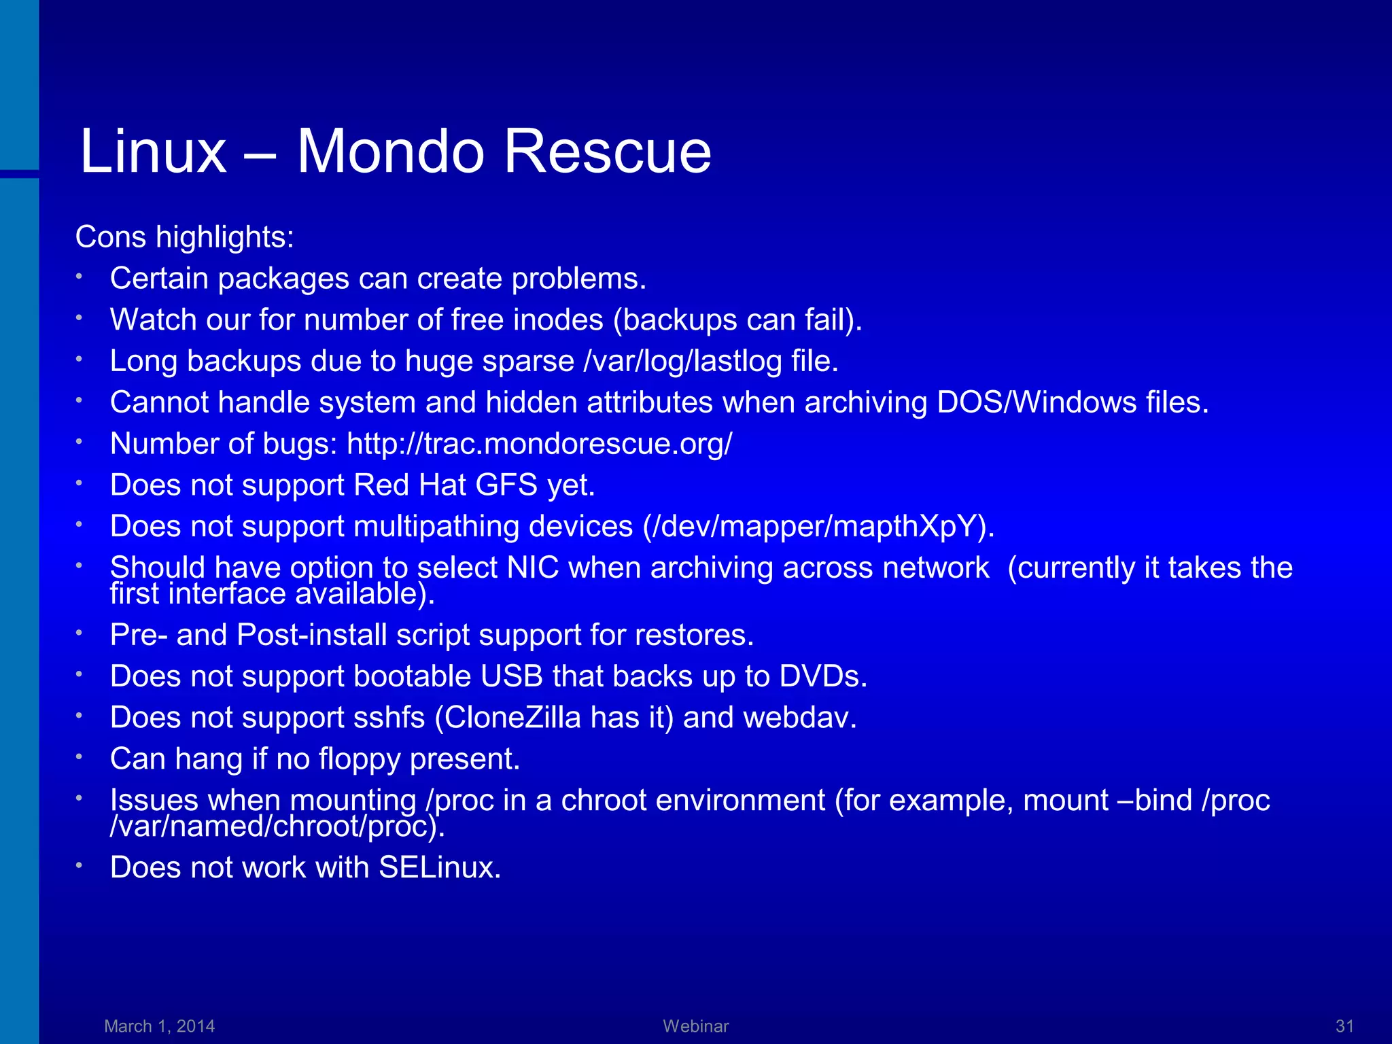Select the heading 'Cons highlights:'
click(184, 237)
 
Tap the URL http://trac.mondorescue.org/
click(540, 444)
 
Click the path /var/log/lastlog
click(682, 361)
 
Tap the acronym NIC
click(533, 568)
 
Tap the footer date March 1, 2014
click(160, 1026)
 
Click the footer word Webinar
click(696, 1026)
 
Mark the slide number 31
click(1344, 1026)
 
